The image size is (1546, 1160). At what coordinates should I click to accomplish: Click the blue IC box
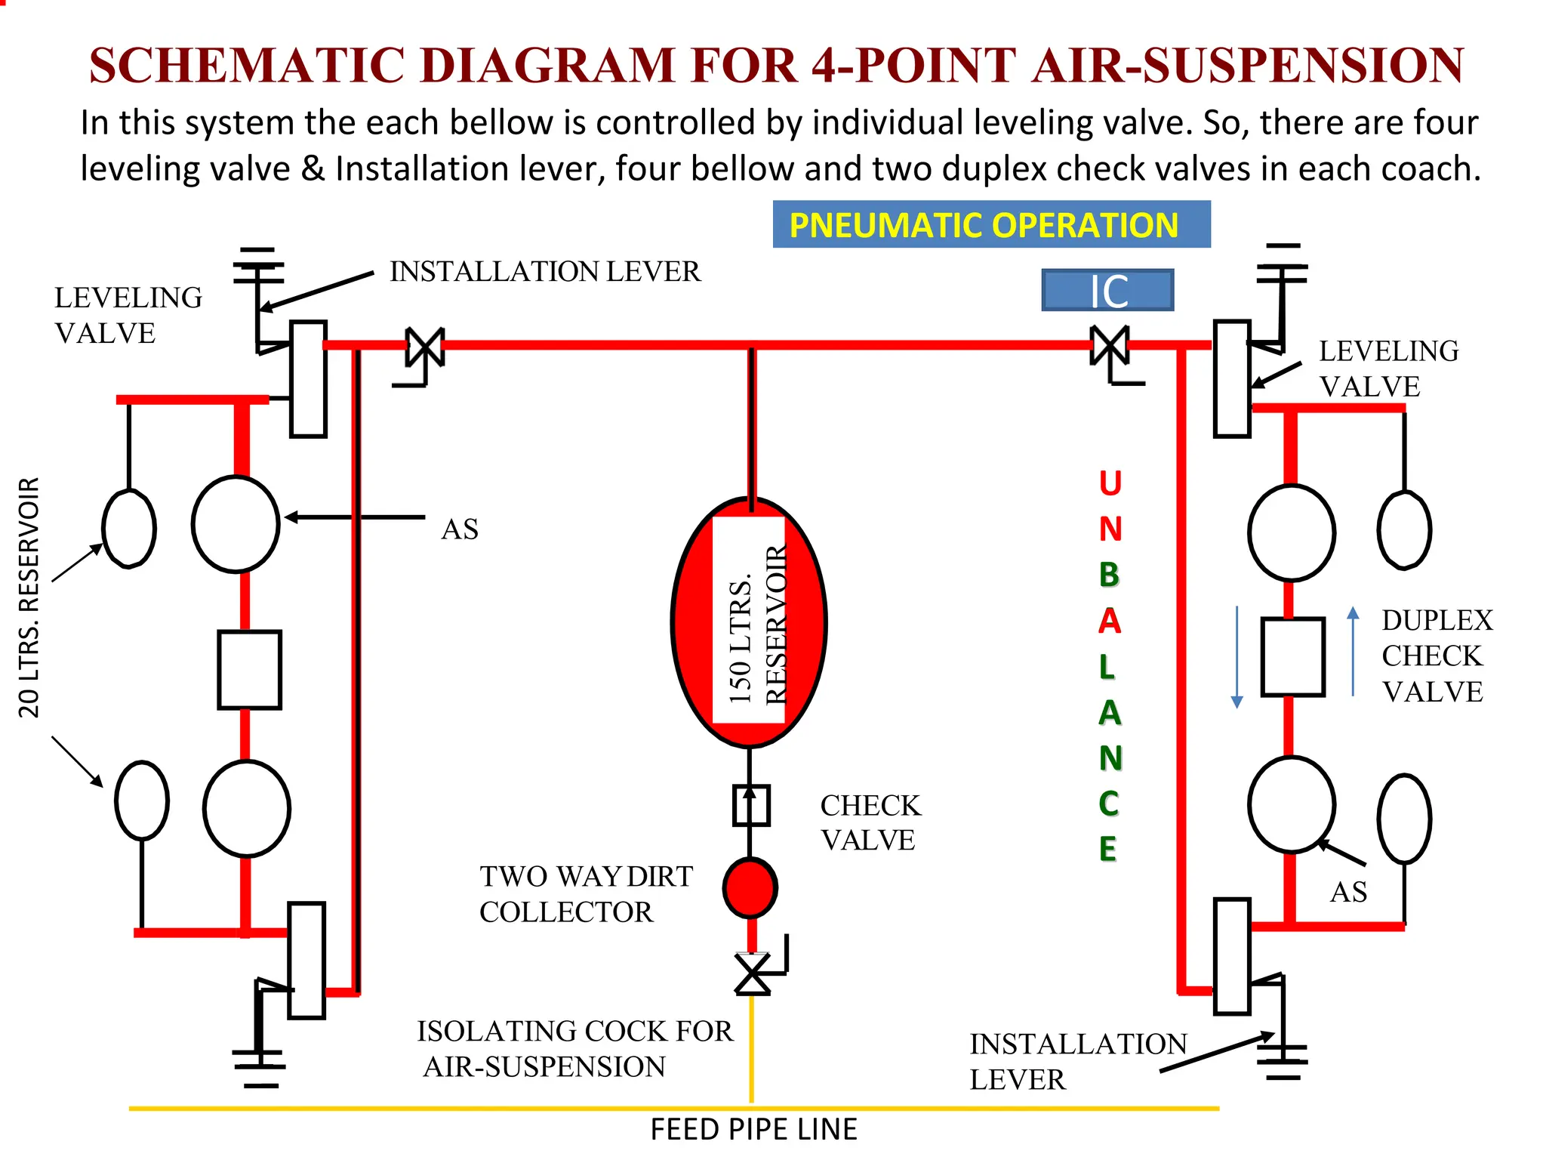click(1107, 291)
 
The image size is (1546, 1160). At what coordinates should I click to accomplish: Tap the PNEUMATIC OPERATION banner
click(990, 225)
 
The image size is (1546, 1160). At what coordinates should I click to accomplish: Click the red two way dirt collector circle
click(750, 887)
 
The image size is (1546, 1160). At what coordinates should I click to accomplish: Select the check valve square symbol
click(751, 805)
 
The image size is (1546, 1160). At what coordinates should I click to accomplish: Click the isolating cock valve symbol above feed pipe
click(753, 974)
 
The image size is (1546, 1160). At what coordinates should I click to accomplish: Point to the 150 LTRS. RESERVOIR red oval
click(749, 621)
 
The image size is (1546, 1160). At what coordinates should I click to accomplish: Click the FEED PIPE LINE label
click(753, 1130)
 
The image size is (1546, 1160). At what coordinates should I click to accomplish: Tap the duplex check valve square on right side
click(1292, 656)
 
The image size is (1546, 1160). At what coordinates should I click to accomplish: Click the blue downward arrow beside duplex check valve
click(1236, 656)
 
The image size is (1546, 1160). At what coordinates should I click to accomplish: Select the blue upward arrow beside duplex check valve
click(1353, 651)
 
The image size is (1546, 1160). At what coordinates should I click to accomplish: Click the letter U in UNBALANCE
click(1110, 483)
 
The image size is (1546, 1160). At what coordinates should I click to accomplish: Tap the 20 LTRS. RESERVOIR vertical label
click(29, 597)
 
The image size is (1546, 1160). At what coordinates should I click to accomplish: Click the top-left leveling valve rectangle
click(308, 379)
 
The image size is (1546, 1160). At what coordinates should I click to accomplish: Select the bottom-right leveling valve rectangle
click(1232, 956)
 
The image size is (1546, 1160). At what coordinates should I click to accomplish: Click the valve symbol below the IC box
click(1110, 347)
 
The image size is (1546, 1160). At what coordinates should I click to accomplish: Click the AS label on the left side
click(459, 529)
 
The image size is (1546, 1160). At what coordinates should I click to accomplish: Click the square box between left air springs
click(249, 670)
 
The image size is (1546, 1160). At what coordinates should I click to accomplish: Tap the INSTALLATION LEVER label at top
click(545, 272)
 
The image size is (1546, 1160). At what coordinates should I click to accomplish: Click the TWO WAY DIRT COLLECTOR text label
click(585, 894)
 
